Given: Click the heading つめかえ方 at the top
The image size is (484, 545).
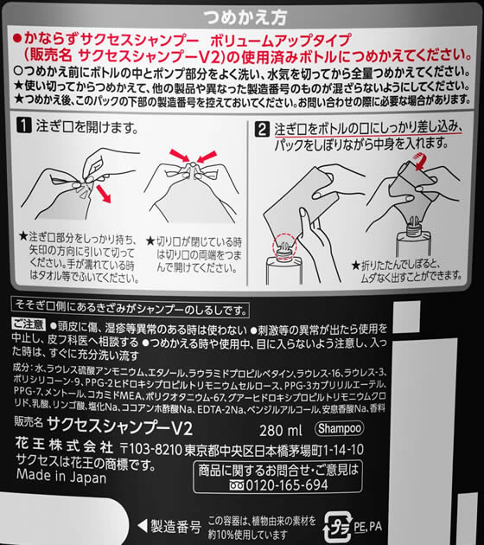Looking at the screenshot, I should [241, 16].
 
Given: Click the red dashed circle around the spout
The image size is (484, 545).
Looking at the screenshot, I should [283, 247].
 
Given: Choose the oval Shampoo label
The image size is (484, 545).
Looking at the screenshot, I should [332, 429].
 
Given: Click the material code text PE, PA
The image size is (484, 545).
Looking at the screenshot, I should [367, 525].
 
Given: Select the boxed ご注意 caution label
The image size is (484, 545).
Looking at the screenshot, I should [27, 323].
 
